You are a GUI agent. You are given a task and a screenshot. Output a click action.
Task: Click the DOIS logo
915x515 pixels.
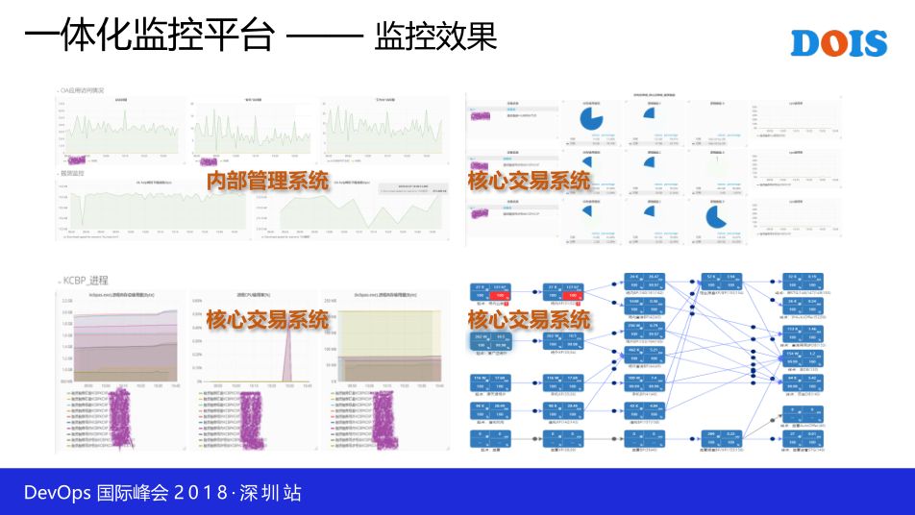pos(838,42)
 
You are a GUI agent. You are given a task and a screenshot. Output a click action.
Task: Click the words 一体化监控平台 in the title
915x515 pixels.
pos(149,37)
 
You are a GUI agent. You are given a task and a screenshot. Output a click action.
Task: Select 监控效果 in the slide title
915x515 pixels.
pos(435,37)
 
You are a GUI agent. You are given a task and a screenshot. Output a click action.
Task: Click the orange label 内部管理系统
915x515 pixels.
pos(267,181)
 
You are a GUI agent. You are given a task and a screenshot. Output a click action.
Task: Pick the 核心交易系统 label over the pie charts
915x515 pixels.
pos(529,181)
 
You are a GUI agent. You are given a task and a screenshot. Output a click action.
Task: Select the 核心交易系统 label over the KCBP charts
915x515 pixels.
pos(267,320)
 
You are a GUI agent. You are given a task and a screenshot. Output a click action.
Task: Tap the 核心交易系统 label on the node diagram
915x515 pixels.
pos(529,318)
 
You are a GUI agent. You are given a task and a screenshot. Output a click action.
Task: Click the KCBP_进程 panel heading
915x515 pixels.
pos(85,280)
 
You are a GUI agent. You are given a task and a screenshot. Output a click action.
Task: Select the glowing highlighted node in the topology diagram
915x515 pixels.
pos(491,343)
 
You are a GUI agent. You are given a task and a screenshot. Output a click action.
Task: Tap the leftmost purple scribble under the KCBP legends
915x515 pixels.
pos(121,418)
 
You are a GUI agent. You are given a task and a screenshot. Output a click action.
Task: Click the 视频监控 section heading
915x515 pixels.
pos(73,173)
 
